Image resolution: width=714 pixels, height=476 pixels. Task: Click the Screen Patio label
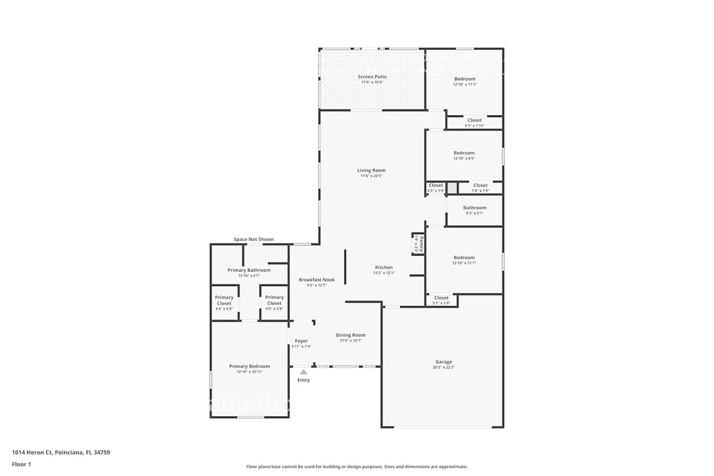[x=372, y=77]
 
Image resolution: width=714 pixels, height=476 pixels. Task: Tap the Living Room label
[x=371, y=170]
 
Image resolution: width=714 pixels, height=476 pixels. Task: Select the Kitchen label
[x=384, y=268]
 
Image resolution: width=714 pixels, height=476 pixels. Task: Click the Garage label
[x=444, y=362]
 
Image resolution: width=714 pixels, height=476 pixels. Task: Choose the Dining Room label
[x=351, y=335]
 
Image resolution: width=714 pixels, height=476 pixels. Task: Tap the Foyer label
[x=301, y=341]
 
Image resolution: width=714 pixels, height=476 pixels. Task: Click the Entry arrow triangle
[x=304, y=372]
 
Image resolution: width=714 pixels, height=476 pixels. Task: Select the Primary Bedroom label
[x=250, y=366]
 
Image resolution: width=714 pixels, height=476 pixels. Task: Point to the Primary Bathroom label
[x=249, y=270]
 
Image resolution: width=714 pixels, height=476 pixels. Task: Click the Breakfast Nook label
[x=317, y=280]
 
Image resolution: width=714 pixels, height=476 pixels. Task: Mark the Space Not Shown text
[x=254, y=240]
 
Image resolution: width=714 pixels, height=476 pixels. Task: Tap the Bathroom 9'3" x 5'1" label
[x=474, y=208]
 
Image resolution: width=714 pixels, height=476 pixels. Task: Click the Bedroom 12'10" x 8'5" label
[x=464, y=153]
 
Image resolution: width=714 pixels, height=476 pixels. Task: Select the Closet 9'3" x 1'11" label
[x=474, y=120]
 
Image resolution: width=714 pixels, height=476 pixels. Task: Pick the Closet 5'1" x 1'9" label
[x=441, y=298]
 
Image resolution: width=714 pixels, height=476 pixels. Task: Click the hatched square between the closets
[x=452, y=188]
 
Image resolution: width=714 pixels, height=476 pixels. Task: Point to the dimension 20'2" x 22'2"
[x=444, y=367]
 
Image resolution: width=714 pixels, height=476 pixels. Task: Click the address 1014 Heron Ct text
[x=61, y=452]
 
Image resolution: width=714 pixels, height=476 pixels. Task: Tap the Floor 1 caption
[x=22, y=464]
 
